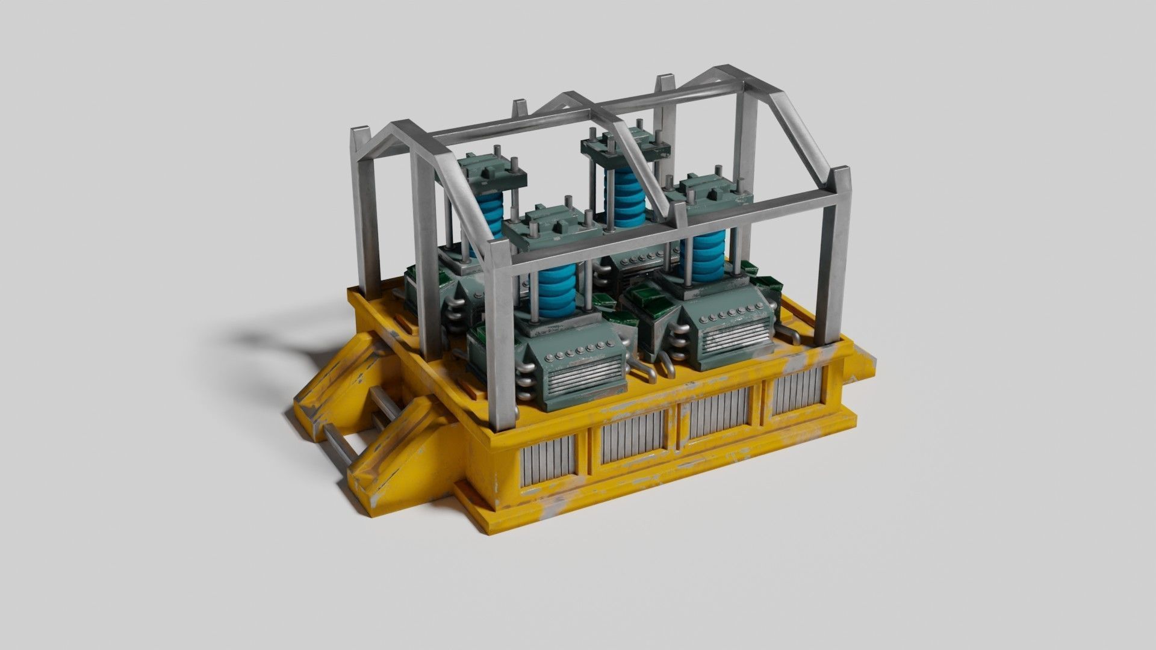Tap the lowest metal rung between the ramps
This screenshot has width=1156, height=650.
pos(343,446)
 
